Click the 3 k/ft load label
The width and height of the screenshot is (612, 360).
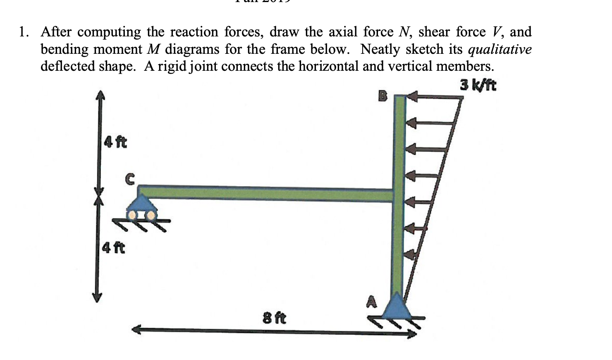pos(478,85)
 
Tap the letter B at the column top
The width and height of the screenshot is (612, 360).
pos(383,97)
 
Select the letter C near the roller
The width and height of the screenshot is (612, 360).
pos(129,179)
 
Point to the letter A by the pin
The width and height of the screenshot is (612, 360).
pos(372,302)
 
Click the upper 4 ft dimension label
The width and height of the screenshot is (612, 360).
pos(115,142)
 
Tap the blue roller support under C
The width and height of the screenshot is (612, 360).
pos(141,204)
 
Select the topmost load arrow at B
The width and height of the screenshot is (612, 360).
pos(434,97)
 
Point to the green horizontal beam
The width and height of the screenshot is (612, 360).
pos(265,193)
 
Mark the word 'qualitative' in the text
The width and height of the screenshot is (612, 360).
pos(500,49)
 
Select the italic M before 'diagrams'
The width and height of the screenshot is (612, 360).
pos(153,49)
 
